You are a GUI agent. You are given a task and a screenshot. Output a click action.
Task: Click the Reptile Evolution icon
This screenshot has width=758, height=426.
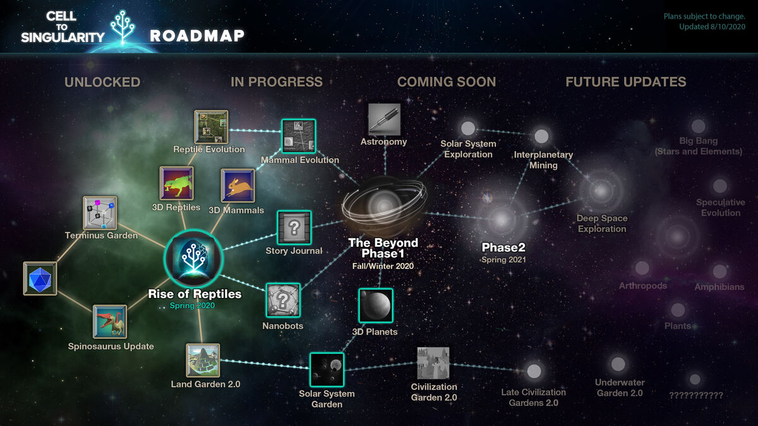tap(211, 127)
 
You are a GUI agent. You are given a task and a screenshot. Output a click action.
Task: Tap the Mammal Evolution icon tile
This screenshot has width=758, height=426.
tap(298, 136)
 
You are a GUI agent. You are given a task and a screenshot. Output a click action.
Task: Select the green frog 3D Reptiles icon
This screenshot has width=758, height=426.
tap(177, 183)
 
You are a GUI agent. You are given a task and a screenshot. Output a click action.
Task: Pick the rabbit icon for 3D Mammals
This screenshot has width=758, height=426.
tap(238, 186)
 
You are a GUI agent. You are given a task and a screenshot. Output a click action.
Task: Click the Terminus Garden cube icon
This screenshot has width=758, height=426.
tap(100, 213)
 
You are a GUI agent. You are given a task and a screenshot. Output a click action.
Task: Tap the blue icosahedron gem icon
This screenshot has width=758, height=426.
tap(40, 278)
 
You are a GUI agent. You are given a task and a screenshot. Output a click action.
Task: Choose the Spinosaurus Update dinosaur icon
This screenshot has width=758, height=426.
tap(110, 322)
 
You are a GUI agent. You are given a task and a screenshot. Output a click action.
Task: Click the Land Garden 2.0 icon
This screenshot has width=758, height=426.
tap(203, 360)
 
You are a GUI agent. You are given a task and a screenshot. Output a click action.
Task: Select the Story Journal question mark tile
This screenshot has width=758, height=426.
tap(294, 228)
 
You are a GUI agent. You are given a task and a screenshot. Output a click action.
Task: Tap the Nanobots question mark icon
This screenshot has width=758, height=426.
tap(283, 300)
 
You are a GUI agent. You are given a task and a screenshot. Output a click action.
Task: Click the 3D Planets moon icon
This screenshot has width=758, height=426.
tap(376, 305)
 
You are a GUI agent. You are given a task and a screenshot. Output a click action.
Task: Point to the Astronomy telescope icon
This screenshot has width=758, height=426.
tap(384, 120)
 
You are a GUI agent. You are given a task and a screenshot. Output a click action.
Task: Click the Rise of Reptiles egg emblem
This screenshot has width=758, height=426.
tap(193, 259)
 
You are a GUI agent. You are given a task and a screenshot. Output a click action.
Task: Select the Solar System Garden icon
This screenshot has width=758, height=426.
tap(327, 370)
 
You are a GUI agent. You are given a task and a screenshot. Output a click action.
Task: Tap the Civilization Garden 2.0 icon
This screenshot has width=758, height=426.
tap(433, 363)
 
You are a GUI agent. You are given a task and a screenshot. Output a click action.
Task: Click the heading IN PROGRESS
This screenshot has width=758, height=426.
tap(277, 82)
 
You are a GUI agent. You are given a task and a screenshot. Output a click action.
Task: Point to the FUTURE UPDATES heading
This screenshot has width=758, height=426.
tap(626, 82)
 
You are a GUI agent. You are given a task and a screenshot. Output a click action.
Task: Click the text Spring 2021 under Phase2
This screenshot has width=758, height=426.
tap(503, 259)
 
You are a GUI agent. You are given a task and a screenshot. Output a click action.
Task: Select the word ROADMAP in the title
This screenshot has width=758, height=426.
tap(197, 36)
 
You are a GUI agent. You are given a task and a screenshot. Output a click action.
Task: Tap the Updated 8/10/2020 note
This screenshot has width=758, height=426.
tap(712, 27)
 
